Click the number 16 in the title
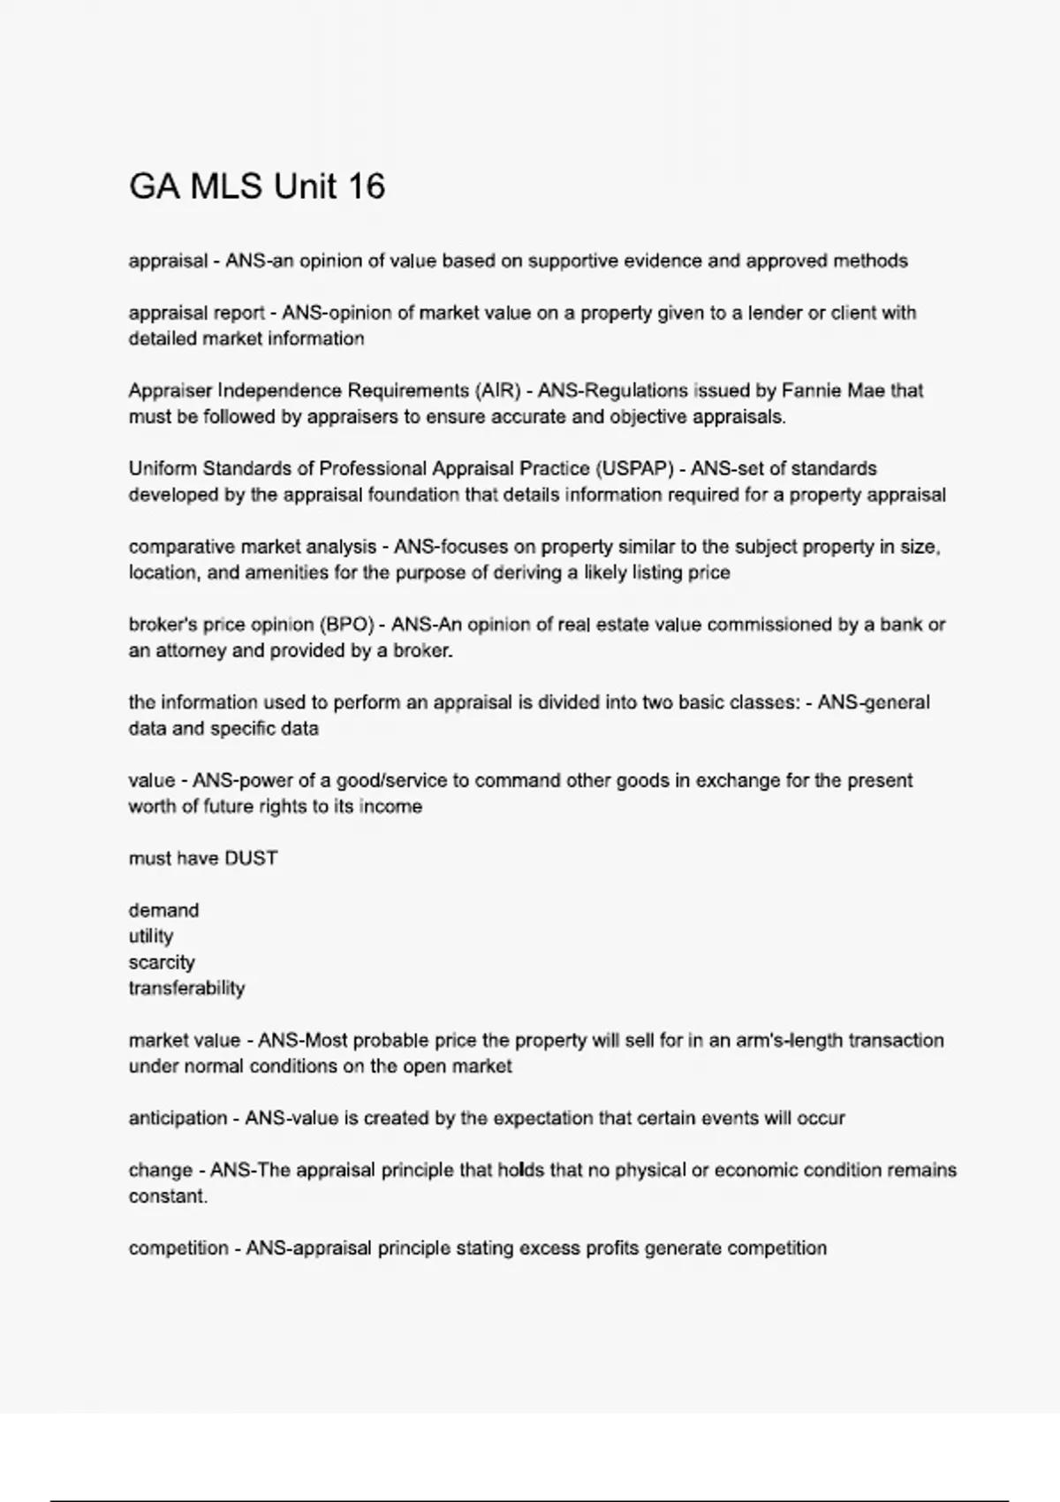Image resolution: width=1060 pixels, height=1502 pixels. [366, 187]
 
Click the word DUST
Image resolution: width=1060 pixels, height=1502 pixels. [252, 859]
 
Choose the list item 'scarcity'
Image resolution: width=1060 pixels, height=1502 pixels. [162, 962]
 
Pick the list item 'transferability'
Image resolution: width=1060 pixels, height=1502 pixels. [186, 988]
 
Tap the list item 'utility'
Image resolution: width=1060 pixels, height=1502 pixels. [151, 937]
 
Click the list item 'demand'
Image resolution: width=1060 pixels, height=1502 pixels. [163, 910]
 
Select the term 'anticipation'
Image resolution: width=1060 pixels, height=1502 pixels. [178, 1119]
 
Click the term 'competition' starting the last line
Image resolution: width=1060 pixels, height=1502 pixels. [178, 1248]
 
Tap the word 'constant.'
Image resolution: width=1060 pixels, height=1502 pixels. [168, 1196]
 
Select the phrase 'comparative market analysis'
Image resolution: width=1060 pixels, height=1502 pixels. [252, 547]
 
